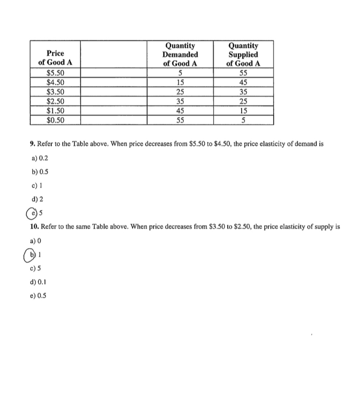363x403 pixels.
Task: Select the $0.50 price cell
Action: pos(55,120)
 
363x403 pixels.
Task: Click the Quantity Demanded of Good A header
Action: pos(180,55)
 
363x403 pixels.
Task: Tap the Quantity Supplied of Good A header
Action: pos(243,55)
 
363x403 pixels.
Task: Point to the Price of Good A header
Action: pos(55,57)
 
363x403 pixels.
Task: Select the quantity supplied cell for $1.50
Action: pos(243,111)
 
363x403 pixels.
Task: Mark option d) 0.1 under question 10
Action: pos(38,282)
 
